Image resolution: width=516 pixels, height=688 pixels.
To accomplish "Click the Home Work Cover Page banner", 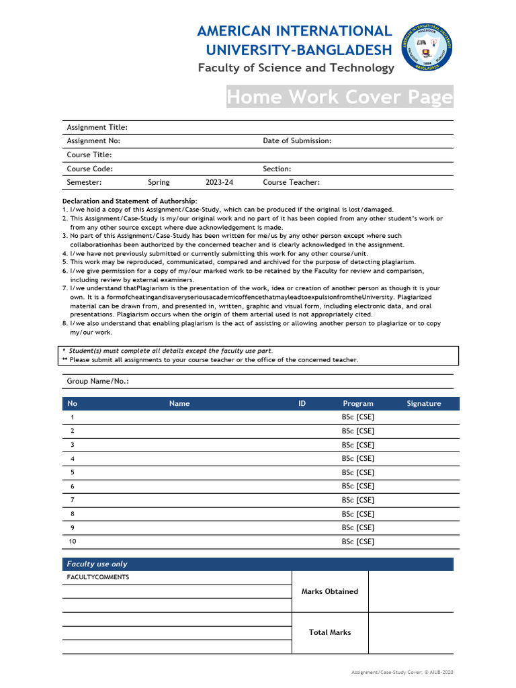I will (339, 97).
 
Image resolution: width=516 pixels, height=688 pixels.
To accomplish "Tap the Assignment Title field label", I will (97, 128).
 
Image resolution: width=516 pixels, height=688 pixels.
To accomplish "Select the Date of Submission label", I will (297, 141).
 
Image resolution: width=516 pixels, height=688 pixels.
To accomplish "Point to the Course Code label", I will (89, 169).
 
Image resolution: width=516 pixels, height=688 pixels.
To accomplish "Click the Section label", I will (277, 169).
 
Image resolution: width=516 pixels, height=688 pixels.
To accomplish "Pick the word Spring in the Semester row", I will (159, 183).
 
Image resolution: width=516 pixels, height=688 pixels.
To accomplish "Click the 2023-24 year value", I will (220, 183).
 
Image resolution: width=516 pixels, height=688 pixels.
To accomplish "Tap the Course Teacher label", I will (291, 183).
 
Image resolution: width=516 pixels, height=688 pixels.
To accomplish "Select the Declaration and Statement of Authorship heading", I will (130, 201).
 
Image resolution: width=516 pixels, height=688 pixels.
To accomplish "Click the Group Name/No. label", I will (97, 382).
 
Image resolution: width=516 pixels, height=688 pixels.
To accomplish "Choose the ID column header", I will (302, 404).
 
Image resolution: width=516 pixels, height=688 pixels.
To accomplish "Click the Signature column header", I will (424, 404).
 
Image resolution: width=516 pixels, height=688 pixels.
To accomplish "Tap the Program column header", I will (358, 404).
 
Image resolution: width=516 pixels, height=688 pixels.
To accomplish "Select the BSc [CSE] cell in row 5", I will (358, 472).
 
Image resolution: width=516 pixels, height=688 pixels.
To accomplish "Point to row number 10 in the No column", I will (73, 541).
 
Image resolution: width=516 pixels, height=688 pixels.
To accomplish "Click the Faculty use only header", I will (97, 564).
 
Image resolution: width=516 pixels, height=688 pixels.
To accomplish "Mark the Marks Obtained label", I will (330, 592).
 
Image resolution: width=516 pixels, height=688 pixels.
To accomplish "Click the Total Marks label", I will (330, 633).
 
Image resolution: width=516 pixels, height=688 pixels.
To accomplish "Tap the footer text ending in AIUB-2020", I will (406, 672).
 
